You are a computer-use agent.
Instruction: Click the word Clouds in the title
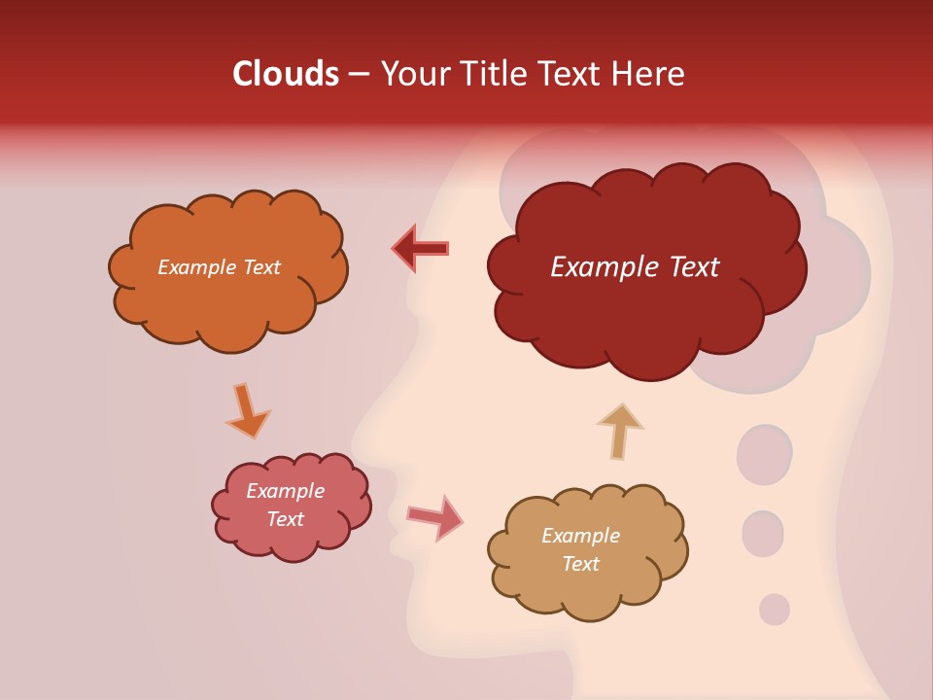coord(286,74)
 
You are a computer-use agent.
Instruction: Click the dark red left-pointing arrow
coord(421,249)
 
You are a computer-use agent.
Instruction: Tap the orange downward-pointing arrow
coord(247,410)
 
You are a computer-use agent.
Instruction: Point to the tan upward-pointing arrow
coord(619,430)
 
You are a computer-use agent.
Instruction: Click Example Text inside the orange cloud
coord(219,267)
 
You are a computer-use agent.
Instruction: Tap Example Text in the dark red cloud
coord(635,267)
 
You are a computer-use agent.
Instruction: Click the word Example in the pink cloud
coord(285,491)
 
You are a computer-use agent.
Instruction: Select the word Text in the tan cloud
coord(580,564)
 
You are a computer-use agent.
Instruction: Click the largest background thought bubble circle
coord(765,455)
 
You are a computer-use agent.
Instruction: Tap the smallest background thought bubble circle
coord(774,610)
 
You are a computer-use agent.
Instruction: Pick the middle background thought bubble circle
coord(763,534)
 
